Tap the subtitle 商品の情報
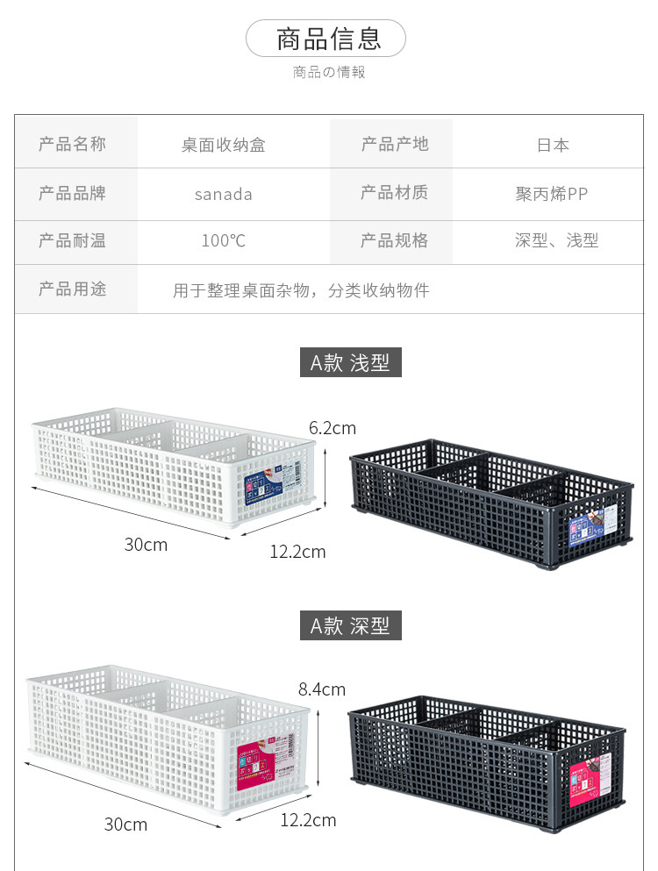coord(328,72)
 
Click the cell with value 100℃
coord(224,240)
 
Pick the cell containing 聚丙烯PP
coord(552,194)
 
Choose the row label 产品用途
coord(73,289)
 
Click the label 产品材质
coord(394,192)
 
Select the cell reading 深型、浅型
coord(557,240)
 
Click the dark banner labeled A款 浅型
coord(351,361)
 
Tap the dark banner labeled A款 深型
coord(351,625)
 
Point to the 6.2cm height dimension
coord(333,428)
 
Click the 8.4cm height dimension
coord(322,689)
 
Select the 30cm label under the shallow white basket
coord(146,545)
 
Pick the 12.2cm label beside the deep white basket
coord(308,820)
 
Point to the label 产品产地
coord(395,144)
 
